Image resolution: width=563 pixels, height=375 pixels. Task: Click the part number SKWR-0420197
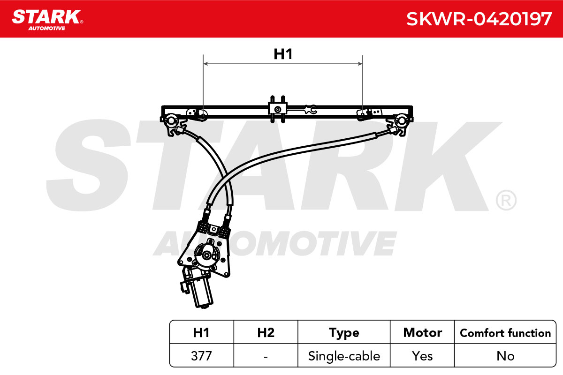point(479,19)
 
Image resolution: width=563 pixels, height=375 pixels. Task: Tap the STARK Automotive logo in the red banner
point(47,20)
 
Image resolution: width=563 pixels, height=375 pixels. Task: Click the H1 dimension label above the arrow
point(283,54)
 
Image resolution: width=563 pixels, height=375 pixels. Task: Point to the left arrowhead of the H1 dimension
point(205,64)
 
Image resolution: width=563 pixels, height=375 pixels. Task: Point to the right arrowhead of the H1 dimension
point(360,64)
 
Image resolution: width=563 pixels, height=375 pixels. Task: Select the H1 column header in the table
point(201,332)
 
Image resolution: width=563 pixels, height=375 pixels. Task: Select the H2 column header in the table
point(266,332)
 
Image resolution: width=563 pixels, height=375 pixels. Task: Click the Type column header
point(344,333)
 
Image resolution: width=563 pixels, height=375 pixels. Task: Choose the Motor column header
point(423,332)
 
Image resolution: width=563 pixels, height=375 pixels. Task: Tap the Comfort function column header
point(505,333)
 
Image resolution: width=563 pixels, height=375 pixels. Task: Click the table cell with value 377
point(201,356)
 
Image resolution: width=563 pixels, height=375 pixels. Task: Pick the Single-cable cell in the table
point(344,356)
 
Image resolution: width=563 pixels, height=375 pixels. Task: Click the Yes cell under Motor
point(422,356)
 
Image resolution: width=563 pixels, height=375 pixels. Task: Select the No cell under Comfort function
point(505,356)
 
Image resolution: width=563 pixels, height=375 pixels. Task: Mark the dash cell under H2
point(266,356)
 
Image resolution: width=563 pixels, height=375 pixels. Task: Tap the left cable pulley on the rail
point(171,120)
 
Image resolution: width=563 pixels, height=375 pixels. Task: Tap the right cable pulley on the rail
point(402,120)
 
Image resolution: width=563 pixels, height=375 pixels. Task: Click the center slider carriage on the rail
point(277,110)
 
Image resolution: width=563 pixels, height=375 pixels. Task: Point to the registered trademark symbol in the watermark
point(506,200)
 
